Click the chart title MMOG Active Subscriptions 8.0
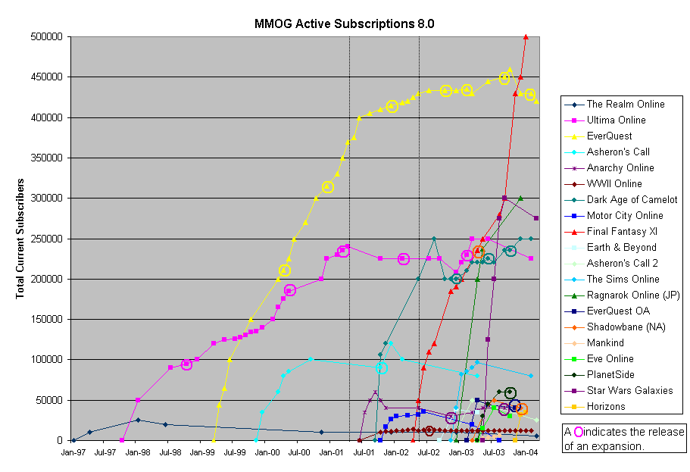pyautogui.click(x=345, y=23)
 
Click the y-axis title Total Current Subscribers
pyautogui.click(x=20, y=238)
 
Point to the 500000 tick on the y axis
pyautogui.click(x=46, y=36)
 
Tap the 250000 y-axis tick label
pyautogui.click(x=46, y=239)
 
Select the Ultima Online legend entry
pyautogui.click(x=616, y=120)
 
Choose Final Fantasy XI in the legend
pyautogui.click(x=621, y=232)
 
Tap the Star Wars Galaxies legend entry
pyautogui.click(x=629, y=391)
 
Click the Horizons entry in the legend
pyautogui.click(x=606, y=407)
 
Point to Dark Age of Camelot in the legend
pyautogui.click(x=632, y=200)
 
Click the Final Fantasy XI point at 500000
pyautogui.click(x=526, y=36)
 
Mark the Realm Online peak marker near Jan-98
pyautogui.click(x=138, y=420)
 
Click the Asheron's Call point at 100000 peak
pyautogui.click(x=311, y=359)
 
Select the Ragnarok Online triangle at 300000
pyautogui.click(x=520, y=198)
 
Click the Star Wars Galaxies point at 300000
pyautogui.click(x=504, y=198)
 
